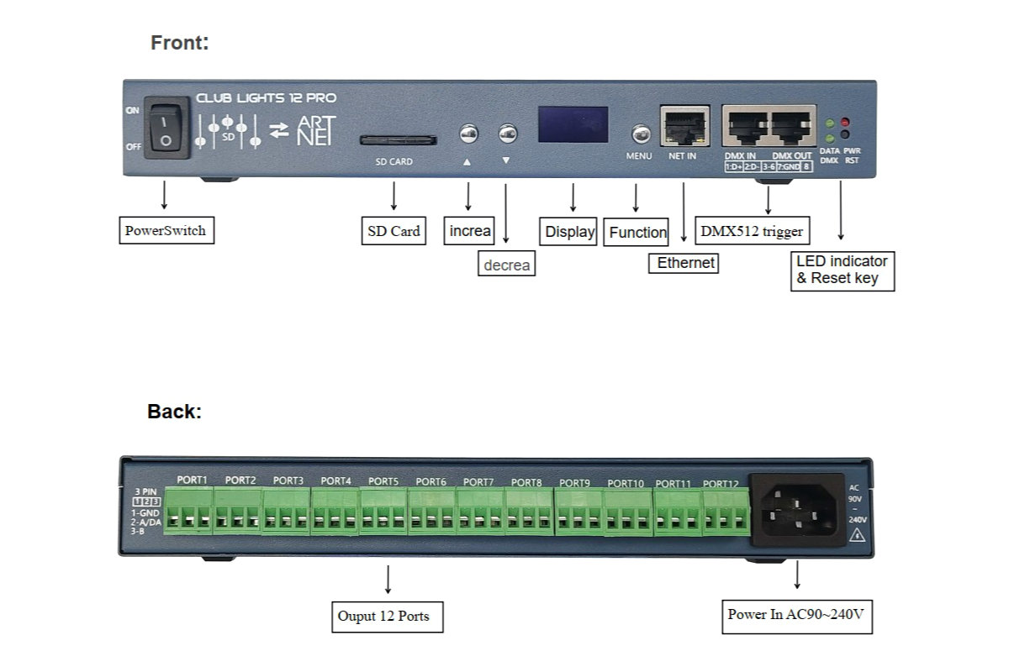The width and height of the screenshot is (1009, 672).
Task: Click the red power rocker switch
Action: coord(166,127)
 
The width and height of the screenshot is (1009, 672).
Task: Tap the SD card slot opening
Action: coord(399,139)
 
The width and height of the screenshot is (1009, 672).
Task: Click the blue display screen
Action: coord(573,124)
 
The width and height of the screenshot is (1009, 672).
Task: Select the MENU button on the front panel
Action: coord(640,134)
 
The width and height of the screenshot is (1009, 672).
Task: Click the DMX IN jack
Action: coord(746,129)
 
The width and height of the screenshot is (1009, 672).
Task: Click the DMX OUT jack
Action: coord(792,129)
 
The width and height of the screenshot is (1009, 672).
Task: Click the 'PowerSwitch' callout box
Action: coord(165,230)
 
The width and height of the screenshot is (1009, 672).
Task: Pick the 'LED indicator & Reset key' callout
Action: coord(842,270)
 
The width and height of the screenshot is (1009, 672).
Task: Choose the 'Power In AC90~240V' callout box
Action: coord(795,615)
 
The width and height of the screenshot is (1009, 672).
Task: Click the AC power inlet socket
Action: coord(801,506)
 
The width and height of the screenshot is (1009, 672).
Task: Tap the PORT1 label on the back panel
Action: coord(192,480)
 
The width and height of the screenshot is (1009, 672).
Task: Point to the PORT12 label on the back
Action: coord(721,484)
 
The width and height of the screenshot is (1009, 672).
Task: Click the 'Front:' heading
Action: coord(180,43)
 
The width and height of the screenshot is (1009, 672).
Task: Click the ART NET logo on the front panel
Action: coord(316,130)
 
